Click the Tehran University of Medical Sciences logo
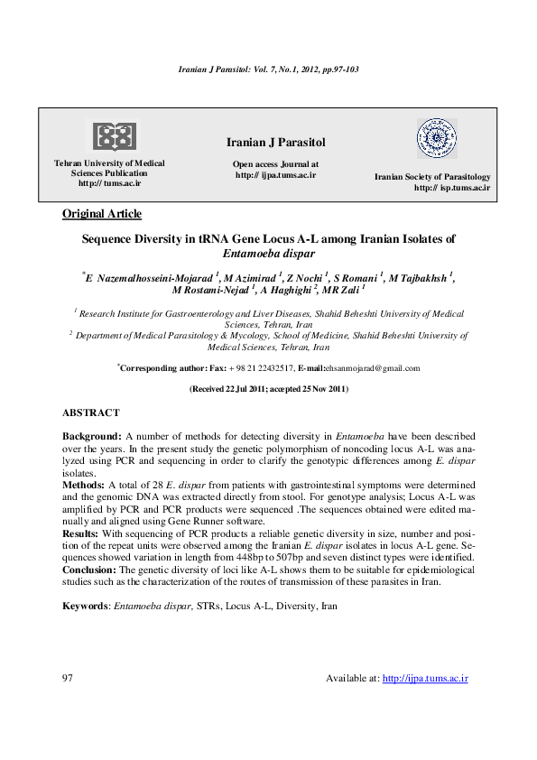pyautogui.click(x=111, y=135)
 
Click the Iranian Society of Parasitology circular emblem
pyautogui.click(x=436, y=138)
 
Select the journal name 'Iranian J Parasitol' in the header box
pyautogui.click(x=275, y=144)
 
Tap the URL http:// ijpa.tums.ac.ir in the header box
pyautogui.click(x=275, y=175)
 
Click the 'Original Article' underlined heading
pyautogui.click(x=101, y=214)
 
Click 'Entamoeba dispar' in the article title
pyautogui.click(x=268, y=255)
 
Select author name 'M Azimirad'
pyautogui.click(x=252, y=278)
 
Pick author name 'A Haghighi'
pyautogui.click(x=286, y=291)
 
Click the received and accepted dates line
pyautogui.click(x=268, y=389)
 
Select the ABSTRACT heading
pyautogui.click(x=90, y=412)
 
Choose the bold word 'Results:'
pyautogui.click(x=81, y=533)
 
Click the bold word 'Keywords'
pyautogui.click(x=85, y=607)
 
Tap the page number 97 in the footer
pyautogui.click(x=68, y=678)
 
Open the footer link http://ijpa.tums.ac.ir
pyautogui.click(x=425, y=678)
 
